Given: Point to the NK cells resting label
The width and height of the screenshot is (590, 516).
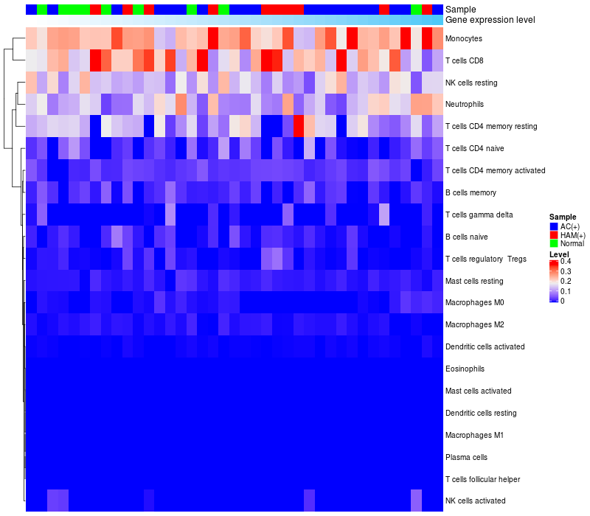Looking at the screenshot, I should (472, 82).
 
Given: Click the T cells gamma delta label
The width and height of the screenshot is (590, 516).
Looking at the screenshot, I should (479, 215).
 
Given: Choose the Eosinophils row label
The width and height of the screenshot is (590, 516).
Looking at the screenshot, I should (465, 369).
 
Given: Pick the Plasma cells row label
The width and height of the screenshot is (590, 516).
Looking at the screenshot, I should (466, 457).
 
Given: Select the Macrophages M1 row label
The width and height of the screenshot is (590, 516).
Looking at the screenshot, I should (474, 435).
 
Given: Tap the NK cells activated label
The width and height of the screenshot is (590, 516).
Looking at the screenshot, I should (475, 501).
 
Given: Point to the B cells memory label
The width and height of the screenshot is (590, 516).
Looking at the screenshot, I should (471, 192).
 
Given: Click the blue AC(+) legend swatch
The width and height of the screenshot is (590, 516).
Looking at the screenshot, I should (554, 226).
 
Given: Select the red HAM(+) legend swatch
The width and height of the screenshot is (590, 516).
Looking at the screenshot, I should (554, 234).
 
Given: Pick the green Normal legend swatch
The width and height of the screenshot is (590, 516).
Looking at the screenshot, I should (554, 243).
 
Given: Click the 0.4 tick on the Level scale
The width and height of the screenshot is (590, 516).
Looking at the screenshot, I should (566, 262).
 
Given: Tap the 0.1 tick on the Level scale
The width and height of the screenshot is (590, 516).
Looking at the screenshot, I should (566, 291).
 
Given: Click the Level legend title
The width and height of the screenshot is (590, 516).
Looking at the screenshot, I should (560, 254).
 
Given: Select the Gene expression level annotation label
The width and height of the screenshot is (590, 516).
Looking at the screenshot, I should (490, 20).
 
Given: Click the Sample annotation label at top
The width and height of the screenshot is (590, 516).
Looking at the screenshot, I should (460, 10).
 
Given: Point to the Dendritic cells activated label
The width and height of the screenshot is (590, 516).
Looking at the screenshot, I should (485, 346).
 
